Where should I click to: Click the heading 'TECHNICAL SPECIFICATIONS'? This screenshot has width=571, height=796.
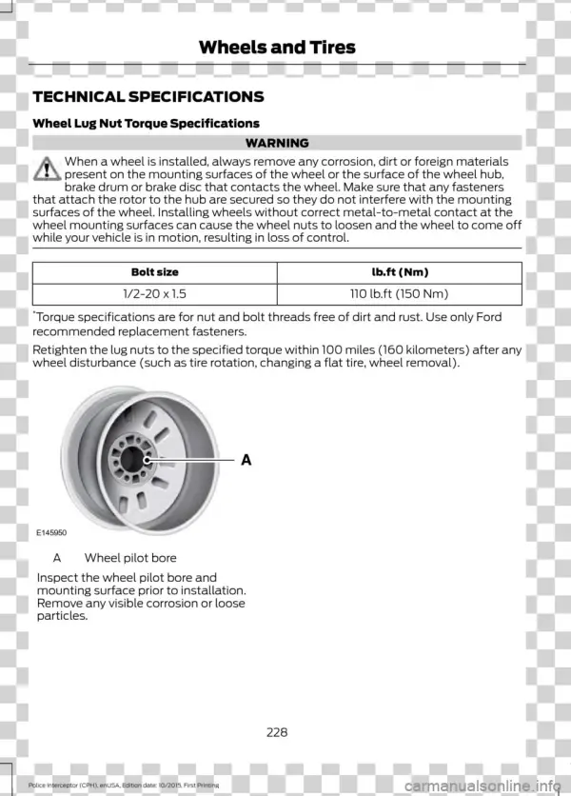pos(148,97)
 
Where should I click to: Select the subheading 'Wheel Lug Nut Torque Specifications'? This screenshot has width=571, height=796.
pos(146,124)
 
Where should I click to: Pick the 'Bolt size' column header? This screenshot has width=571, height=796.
pos(155,272)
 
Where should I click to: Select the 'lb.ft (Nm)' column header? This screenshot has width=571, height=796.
pos(400,272)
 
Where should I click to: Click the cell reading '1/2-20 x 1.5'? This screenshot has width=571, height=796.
pos(155,295)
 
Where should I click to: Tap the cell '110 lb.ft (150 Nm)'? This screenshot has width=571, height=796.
pos(400,295)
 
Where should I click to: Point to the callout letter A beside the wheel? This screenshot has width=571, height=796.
pos(245,460)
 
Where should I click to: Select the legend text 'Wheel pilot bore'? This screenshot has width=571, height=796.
pos(130,558)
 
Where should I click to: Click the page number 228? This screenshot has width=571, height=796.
pos(277,732)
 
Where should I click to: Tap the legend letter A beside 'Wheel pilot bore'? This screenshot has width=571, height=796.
pos(58,558)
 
